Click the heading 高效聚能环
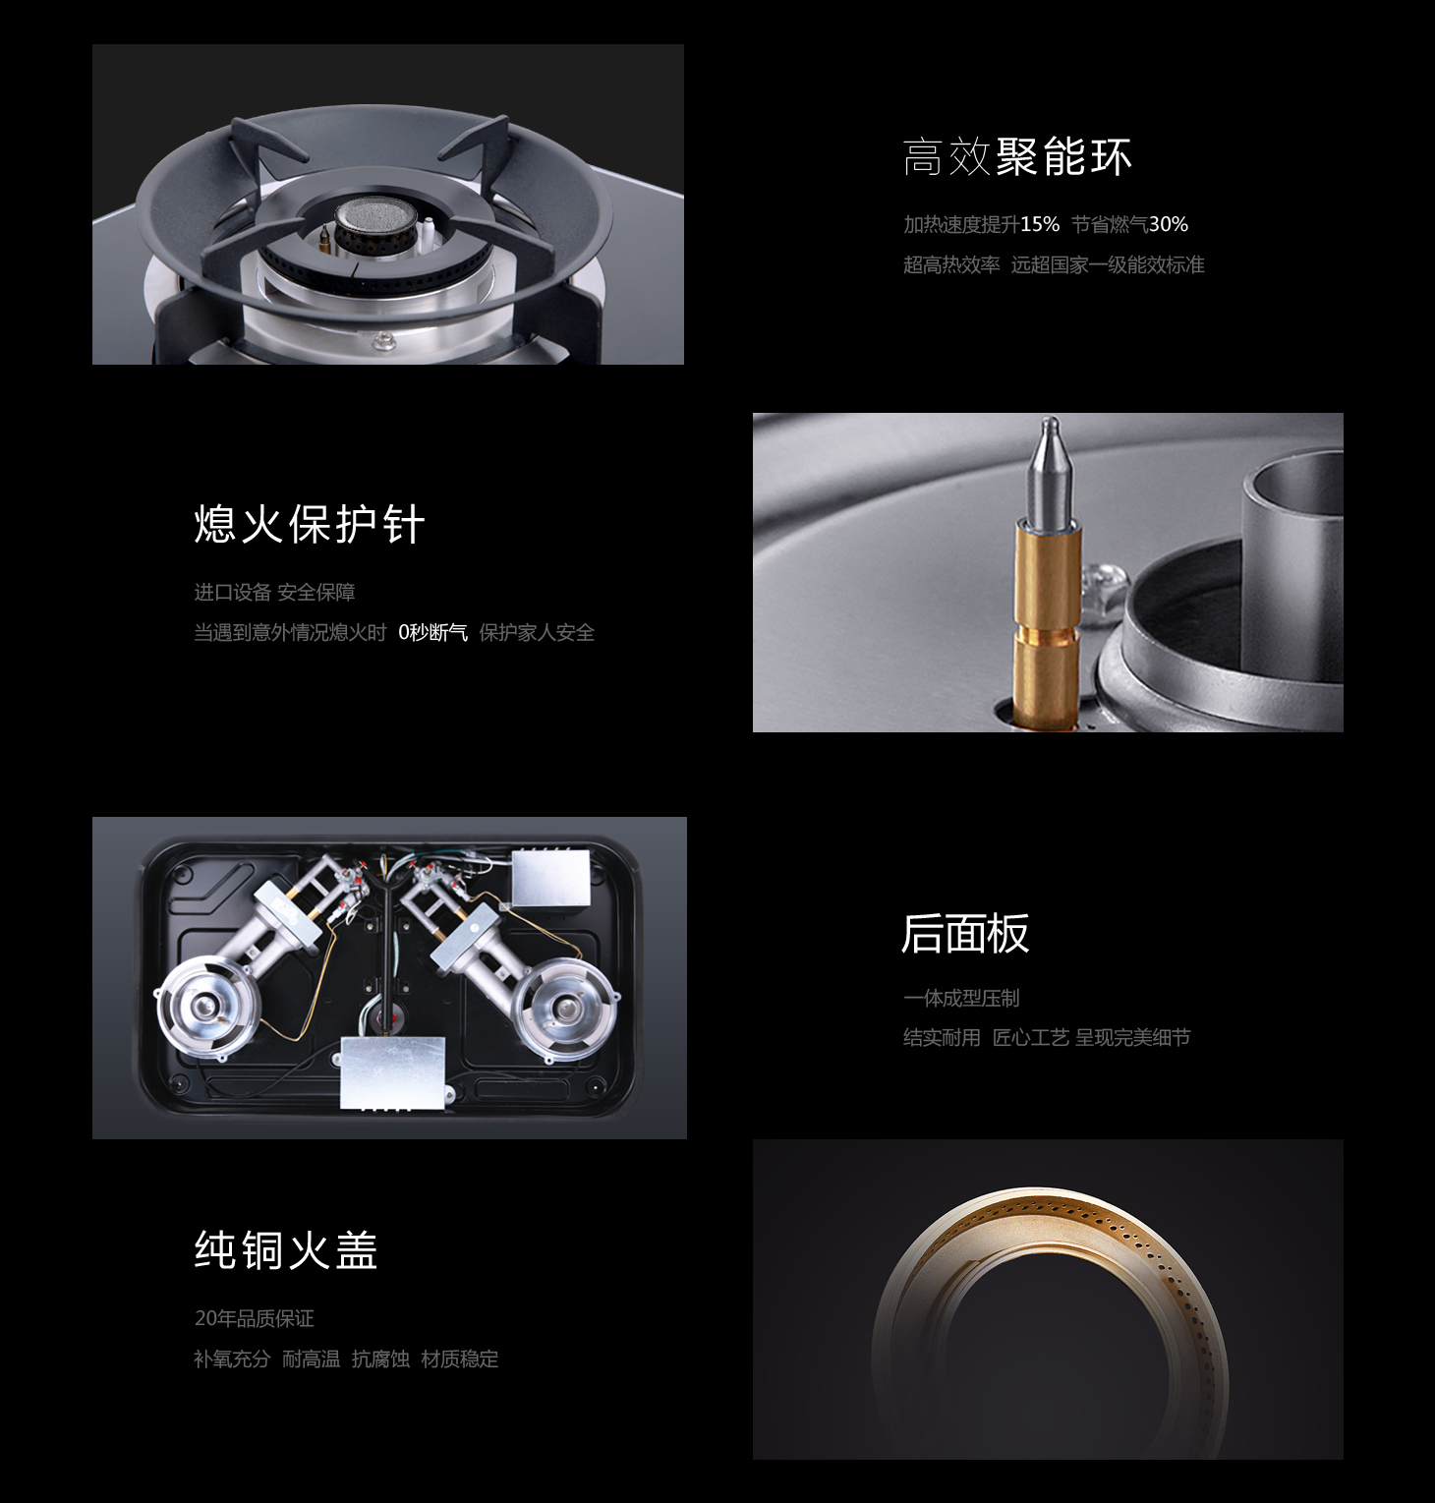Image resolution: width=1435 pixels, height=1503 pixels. coord(1017,157)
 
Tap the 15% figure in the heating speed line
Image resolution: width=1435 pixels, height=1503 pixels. coord(1040,224)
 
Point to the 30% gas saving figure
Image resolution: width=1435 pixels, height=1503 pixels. coord(1169,224)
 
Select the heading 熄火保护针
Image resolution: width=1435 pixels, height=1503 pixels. coord(310,524)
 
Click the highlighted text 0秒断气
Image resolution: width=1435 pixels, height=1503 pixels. coord(432,632)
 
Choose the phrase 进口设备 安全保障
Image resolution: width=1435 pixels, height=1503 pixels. coord(274,592)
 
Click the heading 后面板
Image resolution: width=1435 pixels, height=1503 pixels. coord(965,933)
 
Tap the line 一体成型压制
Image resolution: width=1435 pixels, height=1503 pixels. coord(961,998)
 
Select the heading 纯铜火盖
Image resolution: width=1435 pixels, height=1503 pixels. coord(286,1250)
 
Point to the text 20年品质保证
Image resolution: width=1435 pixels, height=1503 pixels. coord(255,1318)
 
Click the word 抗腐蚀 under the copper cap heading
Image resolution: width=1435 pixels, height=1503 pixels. coord(380,1358)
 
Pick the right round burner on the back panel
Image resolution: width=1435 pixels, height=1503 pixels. coord(567,1008)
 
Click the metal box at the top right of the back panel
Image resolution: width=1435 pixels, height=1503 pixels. coord(550,878)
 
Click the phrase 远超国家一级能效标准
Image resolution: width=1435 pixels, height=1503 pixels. coord(1108,264)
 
